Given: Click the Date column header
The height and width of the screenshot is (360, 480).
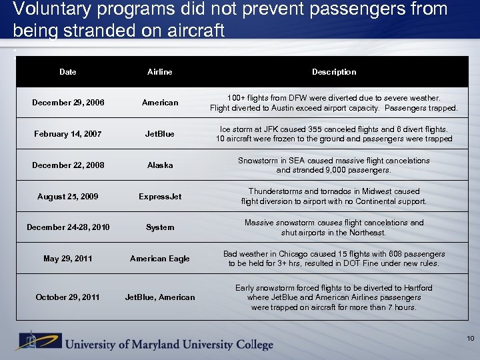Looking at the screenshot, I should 67,72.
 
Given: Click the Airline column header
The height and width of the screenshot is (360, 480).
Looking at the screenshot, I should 160,72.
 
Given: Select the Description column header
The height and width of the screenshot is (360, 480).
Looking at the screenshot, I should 334,72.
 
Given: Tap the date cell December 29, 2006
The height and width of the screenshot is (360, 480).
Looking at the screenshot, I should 67,103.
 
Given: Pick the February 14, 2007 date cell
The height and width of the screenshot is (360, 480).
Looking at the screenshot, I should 67,134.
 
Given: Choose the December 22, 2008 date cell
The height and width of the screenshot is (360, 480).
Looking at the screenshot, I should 67,165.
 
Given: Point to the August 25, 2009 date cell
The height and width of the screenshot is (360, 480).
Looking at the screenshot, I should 67,197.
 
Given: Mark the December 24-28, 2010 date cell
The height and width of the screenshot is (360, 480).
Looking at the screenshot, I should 67,227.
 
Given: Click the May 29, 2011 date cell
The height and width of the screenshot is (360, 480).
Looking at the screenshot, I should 67,259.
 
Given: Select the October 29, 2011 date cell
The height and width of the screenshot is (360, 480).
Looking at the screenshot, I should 67,297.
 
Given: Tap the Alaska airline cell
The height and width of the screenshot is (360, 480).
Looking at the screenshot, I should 160,165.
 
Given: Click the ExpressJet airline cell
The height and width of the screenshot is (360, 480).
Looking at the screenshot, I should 160,197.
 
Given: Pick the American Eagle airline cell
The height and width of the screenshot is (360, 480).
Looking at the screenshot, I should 160,259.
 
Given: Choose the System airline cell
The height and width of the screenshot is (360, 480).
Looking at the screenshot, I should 160,227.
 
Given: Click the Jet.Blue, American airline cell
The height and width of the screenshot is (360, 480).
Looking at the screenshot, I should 160,297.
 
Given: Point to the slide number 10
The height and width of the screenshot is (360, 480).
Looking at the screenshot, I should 470,339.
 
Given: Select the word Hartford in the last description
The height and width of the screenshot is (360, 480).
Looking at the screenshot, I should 417,288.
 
